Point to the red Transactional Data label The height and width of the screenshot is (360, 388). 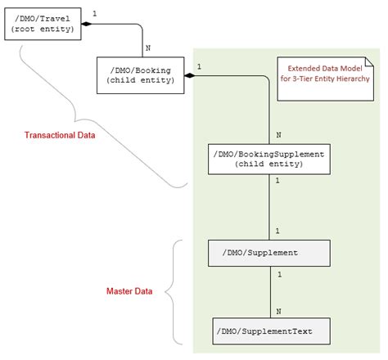point(60,135)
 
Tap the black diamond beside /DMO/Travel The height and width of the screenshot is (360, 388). point(84,24)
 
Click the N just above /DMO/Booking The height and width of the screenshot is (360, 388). point(148,48)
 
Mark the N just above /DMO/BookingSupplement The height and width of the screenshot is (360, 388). point(279,134)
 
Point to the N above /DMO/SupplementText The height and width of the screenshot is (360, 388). point(279,312)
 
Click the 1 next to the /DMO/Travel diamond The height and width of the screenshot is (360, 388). point(95,14)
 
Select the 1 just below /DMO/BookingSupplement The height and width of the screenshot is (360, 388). point(279,182)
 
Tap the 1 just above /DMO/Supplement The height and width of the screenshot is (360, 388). point(279,232)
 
